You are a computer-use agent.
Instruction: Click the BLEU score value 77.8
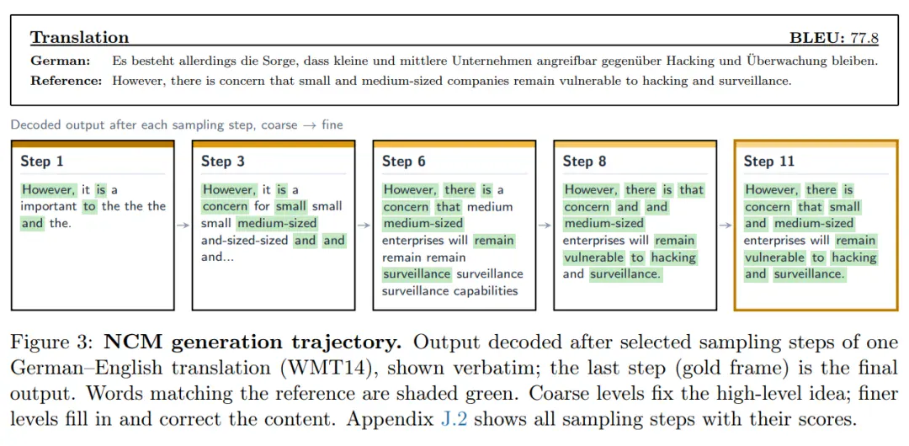click(864, 38)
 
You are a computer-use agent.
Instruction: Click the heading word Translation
click(79, 38)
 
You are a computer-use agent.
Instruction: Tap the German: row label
click(61, 61)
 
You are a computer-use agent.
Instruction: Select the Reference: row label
click(66, 81)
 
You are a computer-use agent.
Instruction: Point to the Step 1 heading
click(42, 162)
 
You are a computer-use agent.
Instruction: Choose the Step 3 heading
click(223, 162)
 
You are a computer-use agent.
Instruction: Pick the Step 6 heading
click(404, 162)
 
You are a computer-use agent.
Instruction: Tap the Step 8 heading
click(585, 162)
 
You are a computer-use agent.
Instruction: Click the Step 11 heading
click(769, 162)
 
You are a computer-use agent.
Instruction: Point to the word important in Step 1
click(50, 206)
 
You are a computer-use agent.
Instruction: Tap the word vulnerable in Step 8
click(594, 257)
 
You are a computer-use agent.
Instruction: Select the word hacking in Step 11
click(854, 257)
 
